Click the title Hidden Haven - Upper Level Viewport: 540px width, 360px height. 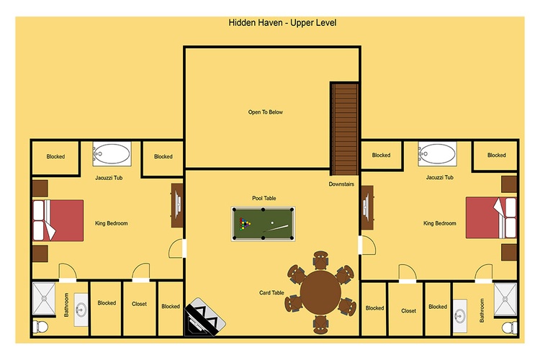tap(282, 23)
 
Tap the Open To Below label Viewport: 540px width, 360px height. tap(266, 112)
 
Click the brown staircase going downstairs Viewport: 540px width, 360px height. tap(344, 129)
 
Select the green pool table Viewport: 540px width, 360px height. tap(263, 224)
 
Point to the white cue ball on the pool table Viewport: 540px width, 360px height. tap(272, 223)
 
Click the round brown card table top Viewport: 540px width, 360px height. tap(320, 292)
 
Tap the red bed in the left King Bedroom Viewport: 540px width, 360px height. tap(58, 220)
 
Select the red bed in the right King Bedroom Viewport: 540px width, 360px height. tap(491, 217)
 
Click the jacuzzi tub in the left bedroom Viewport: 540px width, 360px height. tap(112, 153)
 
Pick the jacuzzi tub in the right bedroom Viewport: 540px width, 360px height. tap(437, 153)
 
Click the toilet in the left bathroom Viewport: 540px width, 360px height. tap(40, 326)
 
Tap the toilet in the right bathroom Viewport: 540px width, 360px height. tap(509, 328)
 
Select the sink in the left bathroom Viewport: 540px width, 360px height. tap(81, 310)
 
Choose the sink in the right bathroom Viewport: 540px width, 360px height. tap(460, 316)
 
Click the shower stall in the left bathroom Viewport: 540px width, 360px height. tap(44, 299)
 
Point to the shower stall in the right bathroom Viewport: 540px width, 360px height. tap(505, 300)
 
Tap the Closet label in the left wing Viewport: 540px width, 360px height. tap(139, 304)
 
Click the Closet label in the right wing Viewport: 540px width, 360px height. tap(408, 311)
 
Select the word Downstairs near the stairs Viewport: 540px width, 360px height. tap(341, 184)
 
